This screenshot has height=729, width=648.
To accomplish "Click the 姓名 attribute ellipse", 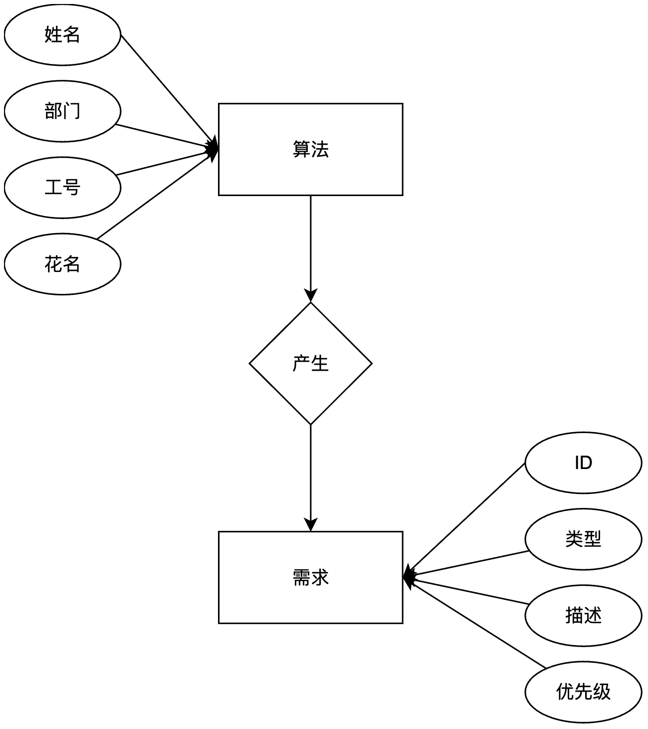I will point(62,35).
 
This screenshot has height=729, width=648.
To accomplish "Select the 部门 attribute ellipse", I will point(62,111).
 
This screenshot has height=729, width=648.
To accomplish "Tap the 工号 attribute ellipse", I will point(62,188).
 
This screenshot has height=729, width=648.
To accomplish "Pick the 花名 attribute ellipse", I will point(62,264).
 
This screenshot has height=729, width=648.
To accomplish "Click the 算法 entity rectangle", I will point(310,149).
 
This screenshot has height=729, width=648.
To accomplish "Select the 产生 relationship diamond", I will point(310,363).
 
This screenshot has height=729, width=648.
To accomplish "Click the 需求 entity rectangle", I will point(310,577).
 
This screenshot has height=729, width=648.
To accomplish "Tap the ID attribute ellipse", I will point(583,463).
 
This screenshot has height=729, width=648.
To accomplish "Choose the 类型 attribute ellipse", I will point(583,539).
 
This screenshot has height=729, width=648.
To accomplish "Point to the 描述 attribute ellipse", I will point(583,616).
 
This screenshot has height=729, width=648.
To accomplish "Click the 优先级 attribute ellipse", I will point(583,692).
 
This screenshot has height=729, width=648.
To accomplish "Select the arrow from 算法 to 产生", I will point(310,244).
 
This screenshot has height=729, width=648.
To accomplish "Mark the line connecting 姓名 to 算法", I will point(167,90).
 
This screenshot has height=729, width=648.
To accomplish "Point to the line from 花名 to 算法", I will point(155,197).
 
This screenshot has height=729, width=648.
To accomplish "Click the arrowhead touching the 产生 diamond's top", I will point(310,296).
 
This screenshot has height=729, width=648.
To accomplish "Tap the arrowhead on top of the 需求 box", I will point(310,525).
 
